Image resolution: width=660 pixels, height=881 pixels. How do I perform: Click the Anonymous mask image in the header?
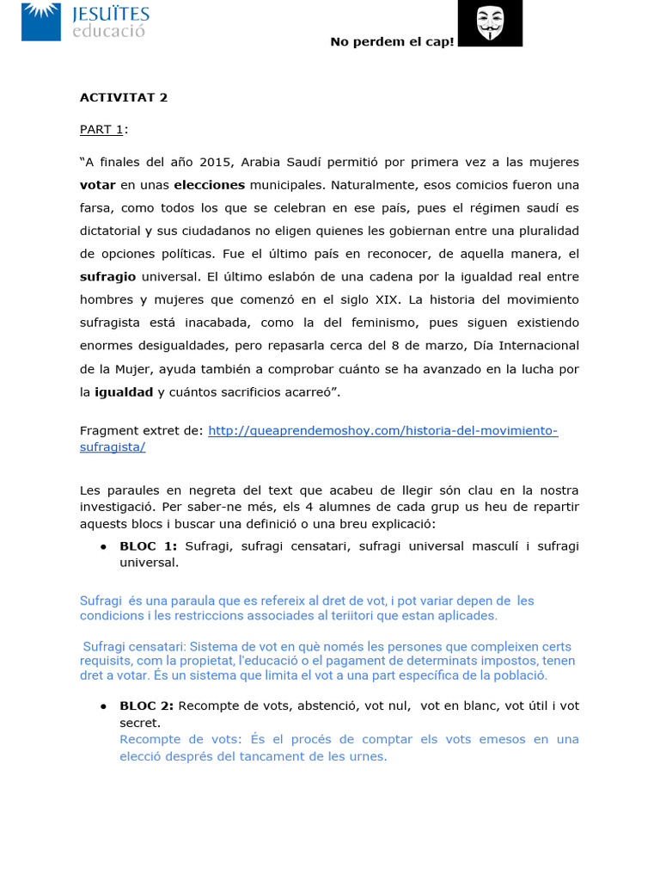[490, 23]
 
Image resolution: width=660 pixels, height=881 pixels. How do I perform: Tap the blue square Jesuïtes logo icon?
[41, 21]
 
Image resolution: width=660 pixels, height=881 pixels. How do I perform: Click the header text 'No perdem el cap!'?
[392, 43]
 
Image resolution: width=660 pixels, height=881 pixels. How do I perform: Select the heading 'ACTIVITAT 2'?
[124, 97]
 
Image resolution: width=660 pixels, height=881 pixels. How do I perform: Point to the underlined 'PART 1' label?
[101, 129]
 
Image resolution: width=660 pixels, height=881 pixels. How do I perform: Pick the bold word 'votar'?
[97, 185]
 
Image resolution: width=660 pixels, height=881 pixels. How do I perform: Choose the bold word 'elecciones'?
[209, 185]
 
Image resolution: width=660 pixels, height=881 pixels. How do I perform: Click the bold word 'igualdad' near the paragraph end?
[123, 391]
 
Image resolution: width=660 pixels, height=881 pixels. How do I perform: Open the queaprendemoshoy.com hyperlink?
[382, 430]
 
